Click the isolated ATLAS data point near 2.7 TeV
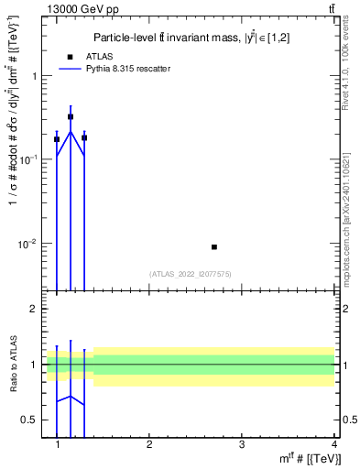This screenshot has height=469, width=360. click(214, 246)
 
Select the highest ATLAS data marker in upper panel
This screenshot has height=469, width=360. click(71, 117)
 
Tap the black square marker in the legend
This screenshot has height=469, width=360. click(70, 57)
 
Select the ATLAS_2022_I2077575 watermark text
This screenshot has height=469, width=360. click(190, 273)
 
